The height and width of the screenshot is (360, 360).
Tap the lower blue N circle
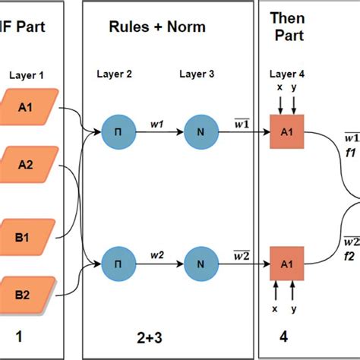point(201,264)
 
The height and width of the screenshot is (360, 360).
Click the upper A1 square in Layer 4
point(288,131)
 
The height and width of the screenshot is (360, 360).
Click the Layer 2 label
point(115,74)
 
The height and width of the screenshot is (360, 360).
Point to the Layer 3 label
point(197,74)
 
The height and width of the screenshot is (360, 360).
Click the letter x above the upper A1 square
point(279,88)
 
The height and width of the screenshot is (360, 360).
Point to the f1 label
point(350,151)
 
